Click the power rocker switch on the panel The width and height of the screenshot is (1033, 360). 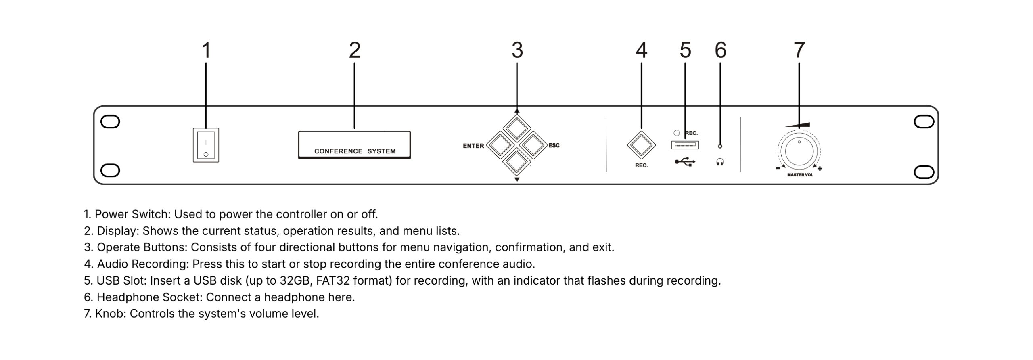tap(206, 145)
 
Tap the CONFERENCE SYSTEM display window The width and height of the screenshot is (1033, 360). tap(354, 145)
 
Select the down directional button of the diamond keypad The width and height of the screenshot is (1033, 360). tap(517, 161)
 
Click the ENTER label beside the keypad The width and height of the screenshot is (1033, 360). tap(473, 146)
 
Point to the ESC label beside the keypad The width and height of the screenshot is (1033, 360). tap(554, 145)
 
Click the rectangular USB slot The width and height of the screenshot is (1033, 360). tap(685, 145)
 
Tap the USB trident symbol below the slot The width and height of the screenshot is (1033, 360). tap(685, 162)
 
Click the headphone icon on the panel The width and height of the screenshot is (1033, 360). tap(720, 162)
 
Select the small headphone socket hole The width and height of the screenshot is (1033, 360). tap(720, 146)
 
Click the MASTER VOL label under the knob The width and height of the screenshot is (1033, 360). tap(800, 175)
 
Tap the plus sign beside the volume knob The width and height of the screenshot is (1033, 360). tap(820, 169)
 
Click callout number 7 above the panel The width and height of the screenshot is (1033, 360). tap(799, 50)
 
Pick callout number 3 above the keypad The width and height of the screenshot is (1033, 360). tap(517, 50)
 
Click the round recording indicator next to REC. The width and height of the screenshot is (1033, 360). tap(677, 133)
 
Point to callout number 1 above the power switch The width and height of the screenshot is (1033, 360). tap(206, 50)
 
